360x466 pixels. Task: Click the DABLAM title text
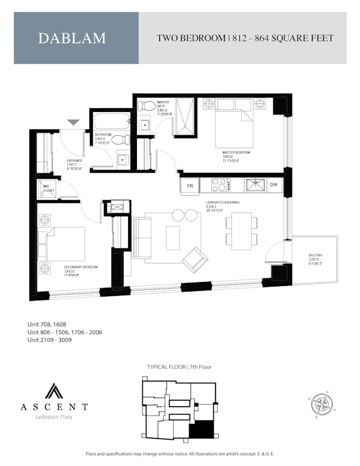coord(72,38)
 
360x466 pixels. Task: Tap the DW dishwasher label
coord(274,185)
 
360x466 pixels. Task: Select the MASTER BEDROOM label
coord(236,154)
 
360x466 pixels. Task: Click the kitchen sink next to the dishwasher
coord(254,185)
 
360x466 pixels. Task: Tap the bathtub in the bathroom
coord(111,120)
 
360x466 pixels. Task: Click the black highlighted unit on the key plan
coord(201,429)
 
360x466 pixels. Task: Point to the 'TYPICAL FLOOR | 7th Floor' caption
coord(179,367)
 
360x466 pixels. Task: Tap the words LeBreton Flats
coord(45,417)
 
